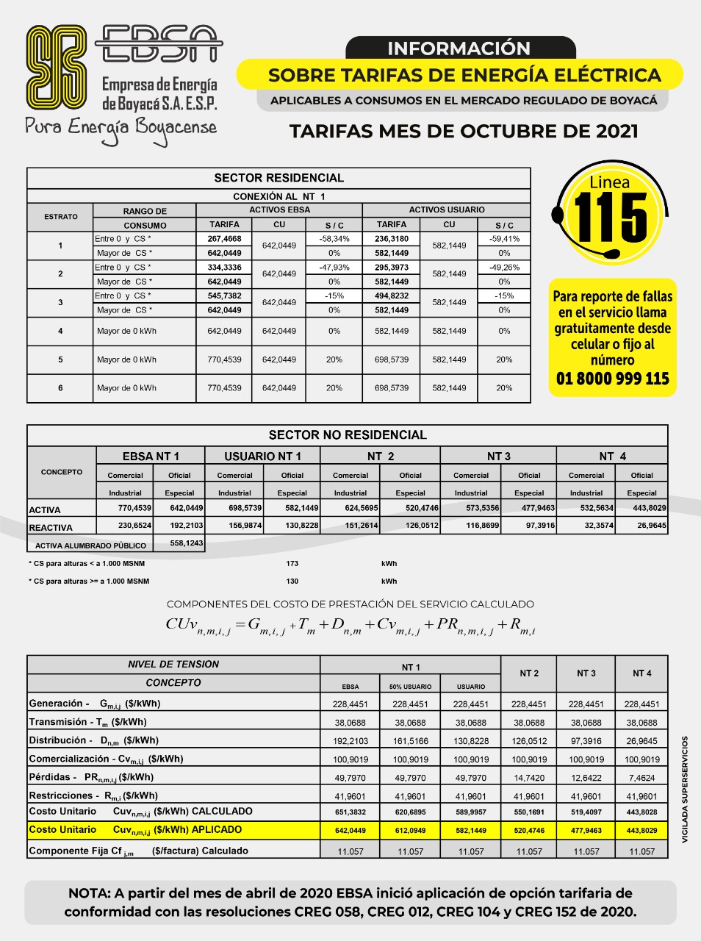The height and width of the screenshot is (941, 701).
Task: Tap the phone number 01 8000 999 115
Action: pos(612,379)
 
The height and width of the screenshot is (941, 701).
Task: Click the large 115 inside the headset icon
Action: pos(611,219)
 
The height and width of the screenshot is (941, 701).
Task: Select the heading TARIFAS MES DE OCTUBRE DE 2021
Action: pos(464,132)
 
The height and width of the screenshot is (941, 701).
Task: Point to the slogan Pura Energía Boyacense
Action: pos(121,127)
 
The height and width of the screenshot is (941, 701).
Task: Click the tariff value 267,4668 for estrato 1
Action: pos(224,239)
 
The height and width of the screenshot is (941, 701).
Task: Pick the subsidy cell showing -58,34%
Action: pos(334,239)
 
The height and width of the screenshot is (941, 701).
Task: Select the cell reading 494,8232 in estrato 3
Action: pos(392,296)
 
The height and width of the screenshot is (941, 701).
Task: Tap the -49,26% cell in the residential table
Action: pos(504,268)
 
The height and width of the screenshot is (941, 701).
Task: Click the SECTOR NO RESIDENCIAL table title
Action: pos(348,435)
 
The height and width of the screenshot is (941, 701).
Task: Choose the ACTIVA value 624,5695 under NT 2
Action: pos(350,508)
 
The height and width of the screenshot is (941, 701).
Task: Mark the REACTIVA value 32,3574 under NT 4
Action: pos(586,526)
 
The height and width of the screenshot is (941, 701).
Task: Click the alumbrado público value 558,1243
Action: pos(179,543)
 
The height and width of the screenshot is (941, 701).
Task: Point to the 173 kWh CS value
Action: pos(292,564)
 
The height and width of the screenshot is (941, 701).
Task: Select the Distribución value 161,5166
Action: pos(411,741)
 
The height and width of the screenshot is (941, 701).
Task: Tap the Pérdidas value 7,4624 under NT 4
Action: pos(641,778)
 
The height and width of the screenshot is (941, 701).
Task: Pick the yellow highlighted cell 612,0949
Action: pos(411,831)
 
